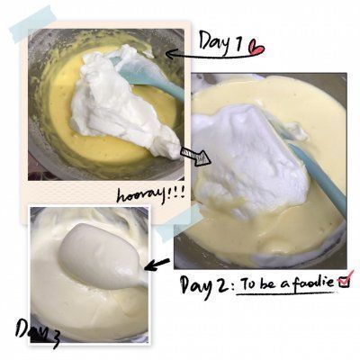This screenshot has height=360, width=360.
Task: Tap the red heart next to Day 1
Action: pos(256,48)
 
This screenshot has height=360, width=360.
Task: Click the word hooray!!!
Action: pos(149,194)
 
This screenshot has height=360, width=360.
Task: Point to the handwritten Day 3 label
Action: pos(38,332)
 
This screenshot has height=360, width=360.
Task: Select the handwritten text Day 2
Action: pos(203,285)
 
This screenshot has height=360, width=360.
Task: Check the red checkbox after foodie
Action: pos(345,280)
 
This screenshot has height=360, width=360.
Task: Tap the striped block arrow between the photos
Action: pos(195,156)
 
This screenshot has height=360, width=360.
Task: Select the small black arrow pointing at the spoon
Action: pos(157,265)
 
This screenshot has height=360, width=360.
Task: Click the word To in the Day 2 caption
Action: pos(247,283)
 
